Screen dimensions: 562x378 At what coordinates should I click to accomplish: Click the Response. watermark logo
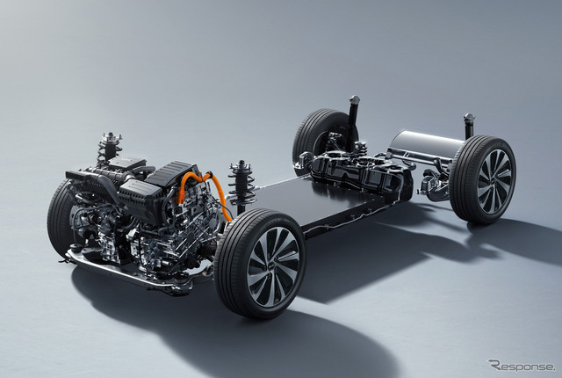pyautogui.click(x=521, y=365)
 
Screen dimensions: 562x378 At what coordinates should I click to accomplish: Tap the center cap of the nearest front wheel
pyautogui.click(x=273, y=266)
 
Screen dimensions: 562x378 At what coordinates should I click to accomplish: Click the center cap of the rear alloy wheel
pyautogui.click(x=494, y=181)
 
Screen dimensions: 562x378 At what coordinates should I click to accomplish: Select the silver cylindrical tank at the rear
pyautogui.click(x=427, y=146)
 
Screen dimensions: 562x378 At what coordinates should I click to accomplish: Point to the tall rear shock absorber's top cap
pyautogui.click(x=354, y=100)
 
